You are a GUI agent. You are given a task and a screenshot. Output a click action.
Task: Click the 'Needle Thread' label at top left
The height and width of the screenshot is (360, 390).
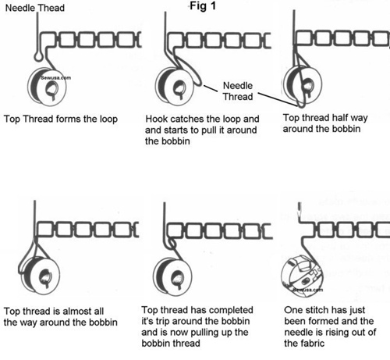[x=33, y=8]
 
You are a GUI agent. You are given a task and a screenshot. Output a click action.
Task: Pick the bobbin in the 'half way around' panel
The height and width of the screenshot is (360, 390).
[x=300, y=86]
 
